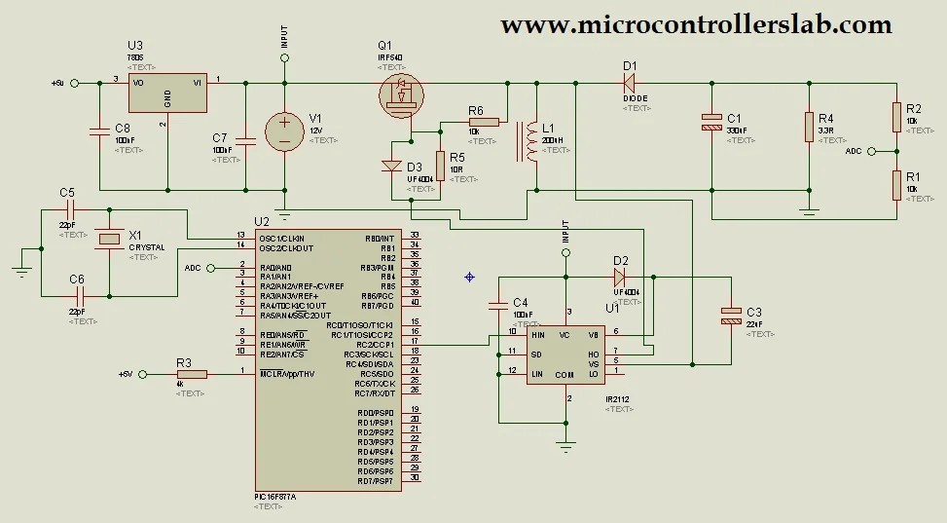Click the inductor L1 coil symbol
coord(530,141)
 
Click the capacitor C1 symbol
coord(711,123)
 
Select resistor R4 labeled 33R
coord(808,126)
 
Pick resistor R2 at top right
coord(896,117)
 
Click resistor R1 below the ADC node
coord(896,184)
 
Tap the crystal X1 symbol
coord(110,238)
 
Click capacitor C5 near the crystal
coord(68,208)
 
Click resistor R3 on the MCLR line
coord(192,374)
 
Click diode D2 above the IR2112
coord(619,276)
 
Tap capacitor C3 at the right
coord(731,316)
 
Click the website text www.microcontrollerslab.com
coord(696,24)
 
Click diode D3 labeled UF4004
coord(392,166)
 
